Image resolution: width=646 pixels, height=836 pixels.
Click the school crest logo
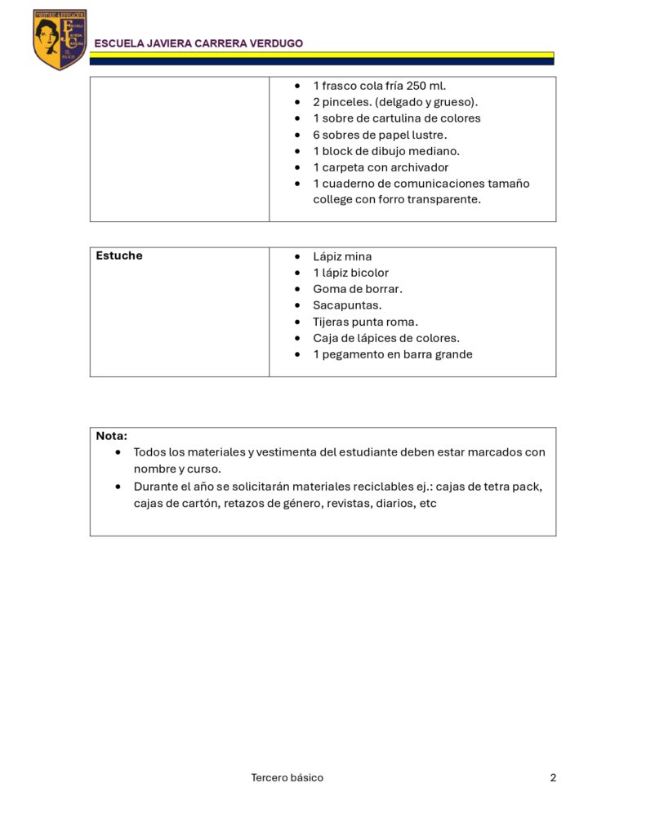pyautogui.click(x=60, y=39)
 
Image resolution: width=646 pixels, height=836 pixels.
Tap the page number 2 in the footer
pyautogui.click(x=553, y=778)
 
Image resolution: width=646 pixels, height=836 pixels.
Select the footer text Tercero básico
pyautogui.click(x=287, y=778)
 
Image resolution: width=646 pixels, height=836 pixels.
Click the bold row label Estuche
pyautogui.click(x=119, y=256)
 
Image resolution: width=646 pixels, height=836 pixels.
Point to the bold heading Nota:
pyautogui.click(x=111, y=436)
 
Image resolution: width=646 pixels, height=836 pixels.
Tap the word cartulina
pyautogui.click(x=395, y=118)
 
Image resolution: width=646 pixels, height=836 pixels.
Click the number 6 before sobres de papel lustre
pyautogui.click(x=316, y=135)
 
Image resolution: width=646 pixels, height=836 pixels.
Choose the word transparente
pyautogui.click(x=442, y=199)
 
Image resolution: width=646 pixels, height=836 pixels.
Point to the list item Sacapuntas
pyautogui.click(x=347, y=305)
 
